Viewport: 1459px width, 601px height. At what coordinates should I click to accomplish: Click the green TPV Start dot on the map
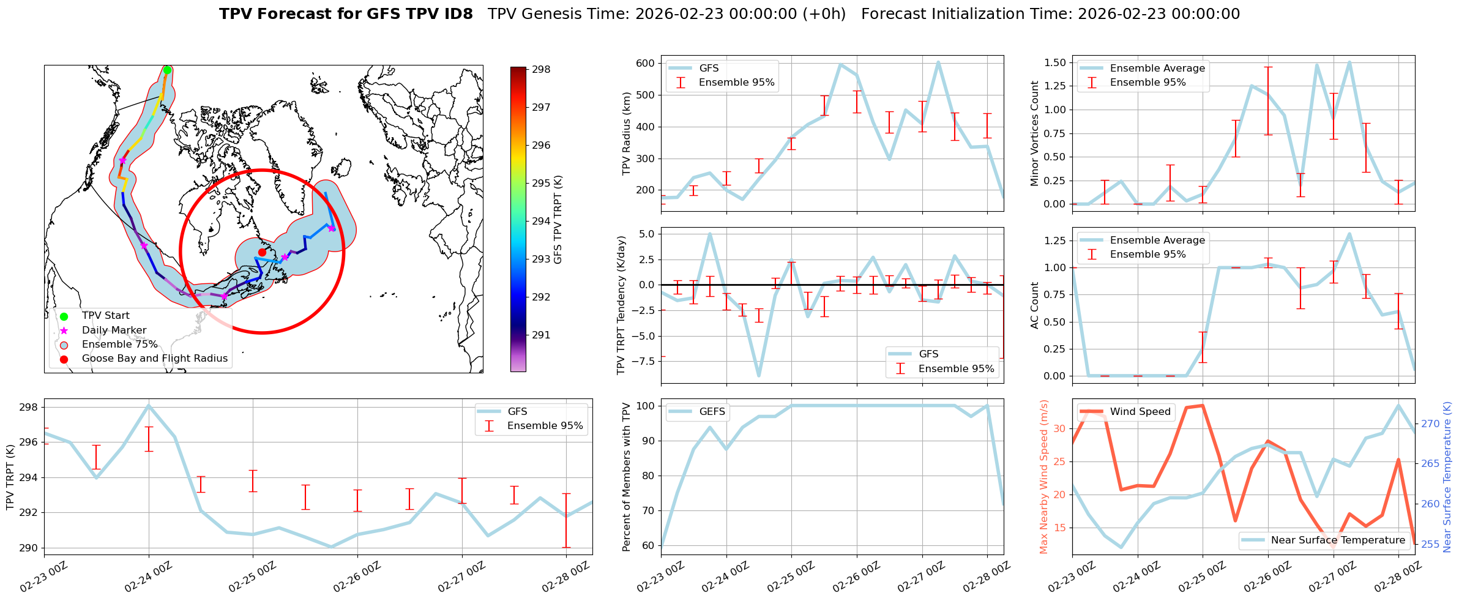point(167,70)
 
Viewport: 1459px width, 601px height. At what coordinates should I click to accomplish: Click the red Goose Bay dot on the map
point(262,252)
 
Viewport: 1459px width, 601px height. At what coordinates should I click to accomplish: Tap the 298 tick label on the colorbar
point(541,70)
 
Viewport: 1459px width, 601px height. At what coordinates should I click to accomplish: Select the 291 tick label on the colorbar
point(541,335)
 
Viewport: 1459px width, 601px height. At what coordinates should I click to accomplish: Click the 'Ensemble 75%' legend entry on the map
point(119,345)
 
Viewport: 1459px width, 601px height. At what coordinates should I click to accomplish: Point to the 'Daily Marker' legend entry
point(114,330)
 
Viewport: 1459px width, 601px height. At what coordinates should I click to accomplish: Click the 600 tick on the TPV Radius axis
point(645,64)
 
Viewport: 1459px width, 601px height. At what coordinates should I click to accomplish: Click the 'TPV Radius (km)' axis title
point(626,133)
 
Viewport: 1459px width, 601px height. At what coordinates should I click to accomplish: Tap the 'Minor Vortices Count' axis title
point(1034,133)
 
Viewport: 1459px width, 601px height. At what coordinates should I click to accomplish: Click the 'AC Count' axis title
point(1034,305)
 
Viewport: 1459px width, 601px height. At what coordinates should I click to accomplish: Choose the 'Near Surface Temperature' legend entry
point(1337,540)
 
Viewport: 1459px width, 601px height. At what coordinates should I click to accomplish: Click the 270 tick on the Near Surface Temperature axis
point(1430,424)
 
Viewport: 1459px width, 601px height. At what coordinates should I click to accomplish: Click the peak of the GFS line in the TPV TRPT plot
point(149,405)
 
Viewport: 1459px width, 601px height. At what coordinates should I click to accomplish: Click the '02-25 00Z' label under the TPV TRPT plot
point(252,578)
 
